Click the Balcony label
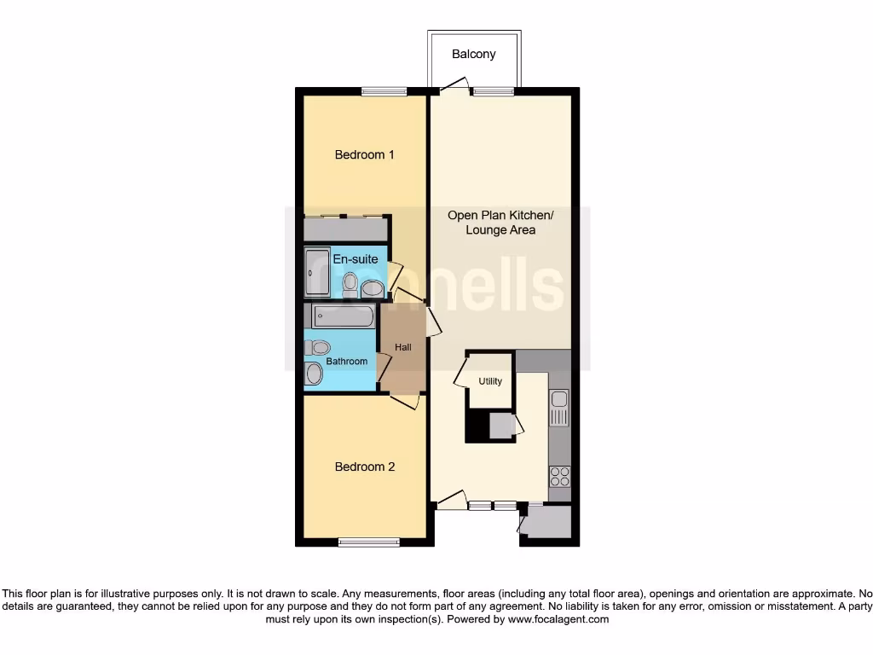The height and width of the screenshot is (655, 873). pyautogui.click(x=473, y=54)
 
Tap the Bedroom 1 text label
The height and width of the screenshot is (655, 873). pyautogui.click(x=364, y=154)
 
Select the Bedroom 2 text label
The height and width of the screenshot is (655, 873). pyautogui.click(x=364, y=467)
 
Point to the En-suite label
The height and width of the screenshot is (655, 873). pyautogui.click(x=355, y=258)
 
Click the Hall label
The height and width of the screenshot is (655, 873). pyautogui.click(x=402, y=347)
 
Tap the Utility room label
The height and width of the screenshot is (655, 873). pyautogui.click(x=490, y=381)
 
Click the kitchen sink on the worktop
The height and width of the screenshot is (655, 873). pyautogui.click(x=559, y=408)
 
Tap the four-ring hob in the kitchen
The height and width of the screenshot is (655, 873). pyautogui.click(x=560, y=476)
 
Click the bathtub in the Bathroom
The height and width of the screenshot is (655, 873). pyautogui.click(x=342, y=316)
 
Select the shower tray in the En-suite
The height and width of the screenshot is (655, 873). pyautogui.click(x=317, y=272)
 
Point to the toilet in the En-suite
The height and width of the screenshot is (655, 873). pyautogui.click(x=350, y=283)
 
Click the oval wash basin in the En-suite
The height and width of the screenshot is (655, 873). pyautogui.click(x=373, y=289)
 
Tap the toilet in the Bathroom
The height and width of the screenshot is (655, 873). pyautogui.click(x=318, y=347)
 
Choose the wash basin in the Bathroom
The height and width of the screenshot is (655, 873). pyautogui.click(x=315, y=374)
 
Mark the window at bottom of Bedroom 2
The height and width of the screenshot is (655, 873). pyautogui.click(x=368, y=542)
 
